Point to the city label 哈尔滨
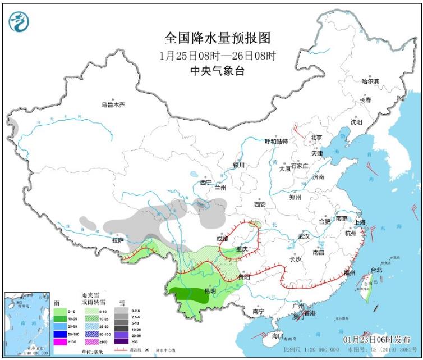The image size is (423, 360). coord(370,81)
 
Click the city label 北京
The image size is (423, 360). coord(316,138)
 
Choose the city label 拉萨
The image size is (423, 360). coord(117,240)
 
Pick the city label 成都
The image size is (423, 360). coord(222,239)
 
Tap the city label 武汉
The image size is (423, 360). coord(304,236)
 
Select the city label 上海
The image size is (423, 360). coord(360,222)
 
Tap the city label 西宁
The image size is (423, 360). coord(205,182)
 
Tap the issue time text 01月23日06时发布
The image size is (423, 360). coord(376,340)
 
